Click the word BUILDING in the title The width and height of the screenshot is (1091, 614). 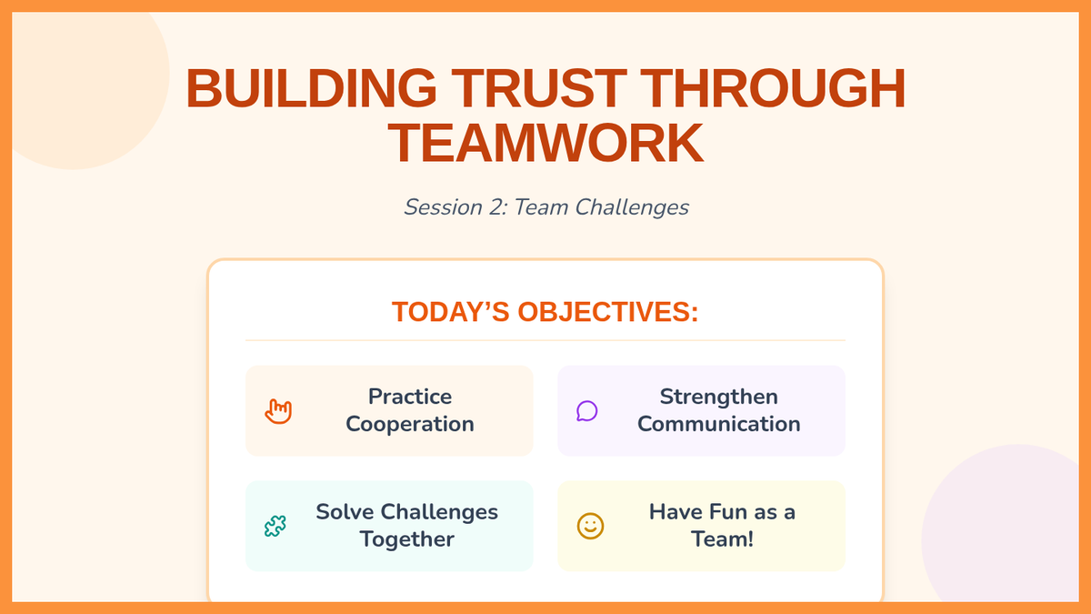[311, 88]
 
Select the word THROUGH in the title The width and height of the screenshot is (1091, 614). [773, 88]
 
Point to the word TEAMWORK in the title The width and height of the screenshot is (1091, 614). [545, 144]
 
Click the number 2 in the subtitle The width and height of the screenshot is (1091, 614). [496, 207]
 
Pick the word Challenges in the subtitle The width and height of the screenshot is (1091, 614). [632, 207]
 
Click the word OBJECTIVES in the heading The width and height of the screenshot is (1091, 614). [608, 312]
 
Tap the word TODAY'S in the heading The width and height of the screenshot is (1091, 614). [451, 312]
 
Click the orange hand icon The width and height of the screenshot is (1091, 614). [278, 411]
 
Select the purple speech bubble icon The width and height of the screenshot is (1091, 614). [587, 411]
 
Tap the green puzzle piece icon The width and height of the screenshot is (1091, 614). [275, 526]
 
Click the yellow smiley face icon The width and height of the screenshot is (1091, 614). [590, 526]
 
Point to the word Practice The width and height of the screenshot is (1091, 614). [410, 397]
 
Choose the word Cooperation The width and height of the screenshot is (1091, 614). [410, 425]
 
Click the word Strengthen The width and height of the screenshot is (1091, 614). [719, 398]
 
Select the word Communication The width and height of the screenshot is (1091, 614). [719, 424]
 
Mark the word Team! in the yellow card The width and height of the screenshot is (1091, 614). [722, 539]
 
